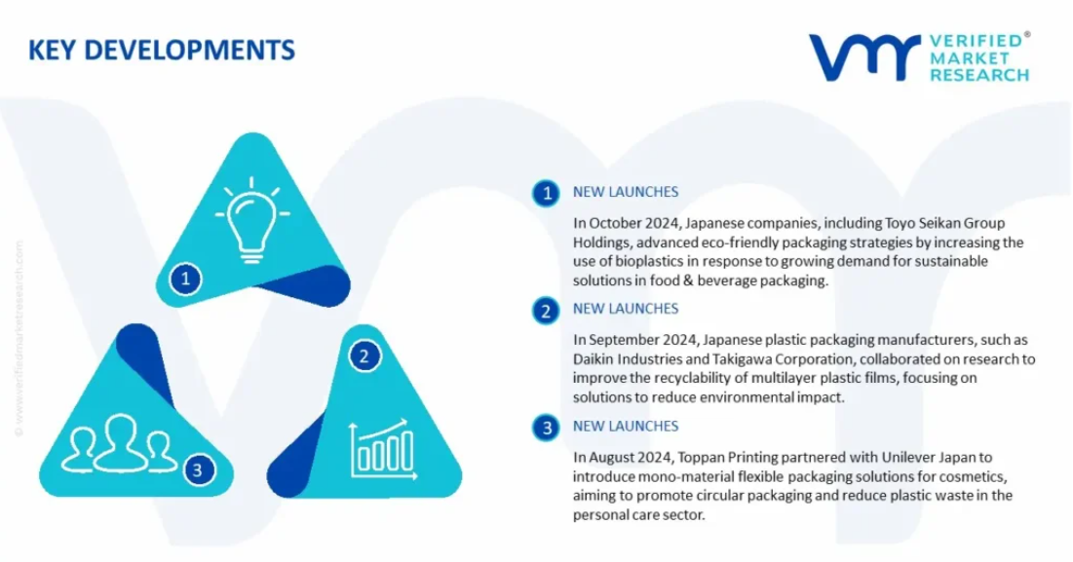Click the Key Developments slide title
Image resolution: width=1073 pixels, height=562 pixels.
(162, 50)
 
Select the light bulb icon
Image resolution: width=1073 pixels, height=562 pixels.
(251, 219)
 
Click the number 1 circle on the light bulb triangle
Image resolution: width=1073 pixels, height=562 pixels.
(185, 279)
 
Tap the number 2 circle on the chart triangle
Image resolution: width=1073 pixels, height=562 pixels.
(364, 356)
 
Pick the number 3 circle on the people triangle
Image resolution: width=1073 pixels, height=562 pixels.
(198, 469)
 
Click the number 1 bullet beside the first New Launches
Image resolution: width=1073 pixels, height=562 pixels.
(546, 194)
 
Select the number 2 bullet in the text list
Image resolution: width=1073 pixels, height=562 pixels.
(546, 311)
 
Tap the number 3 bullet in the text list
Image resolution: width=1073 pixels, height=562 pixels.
(546, 428)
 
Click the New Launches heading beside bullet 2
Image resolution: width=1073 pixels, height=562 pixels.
(626, 309)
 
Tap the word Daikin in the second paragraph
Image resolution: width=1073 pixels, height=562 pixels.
(593, 359)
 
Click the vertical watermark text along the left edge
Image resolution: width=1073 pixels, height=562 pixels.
(19, 338)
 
